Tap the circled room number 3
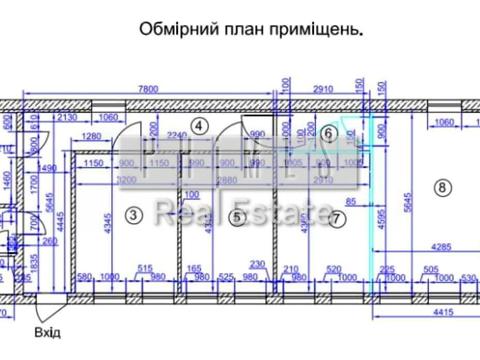point(133,213)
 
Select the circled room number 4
point(199,125)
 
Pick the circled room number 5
point(236,215)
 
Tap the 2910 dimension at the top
point(321,89)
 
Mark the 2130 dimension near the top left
point(67,118)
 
